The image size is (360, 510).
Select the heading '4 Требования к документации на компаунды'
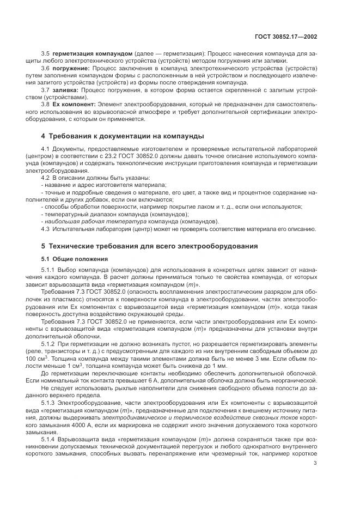[x=123, y=135]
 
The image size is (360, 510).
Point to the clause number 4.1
[x=46, y=148]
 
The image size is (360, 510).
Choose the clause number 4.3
[x=46, y=229]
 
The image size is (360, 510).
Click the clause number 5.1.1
[x=48, y=271]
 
